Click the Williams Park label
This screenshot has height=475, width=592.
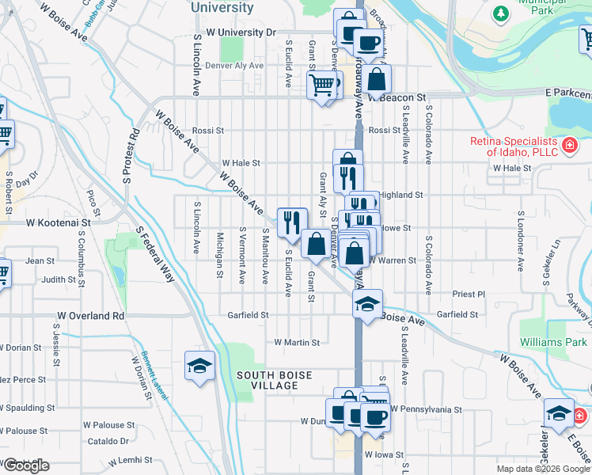pos(553,342)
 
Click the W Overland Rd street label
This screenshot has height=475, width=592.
pos(91,315)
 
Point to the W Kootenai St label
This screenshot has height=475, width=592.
pos(59,223)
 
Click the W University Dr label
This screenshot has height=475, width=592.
pos(240,32)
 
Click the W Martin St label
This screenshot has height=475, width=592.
pos(296,343)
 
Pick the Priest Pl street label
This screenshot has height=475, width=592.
pos(468,294)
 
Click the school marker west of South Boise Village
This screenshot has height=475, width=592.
pos(199,365)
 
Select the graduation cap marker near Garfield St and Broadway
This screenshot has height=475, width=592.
pos(368,302)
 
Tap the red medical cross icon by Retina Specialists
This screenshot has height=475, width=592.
pos(568,145)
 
